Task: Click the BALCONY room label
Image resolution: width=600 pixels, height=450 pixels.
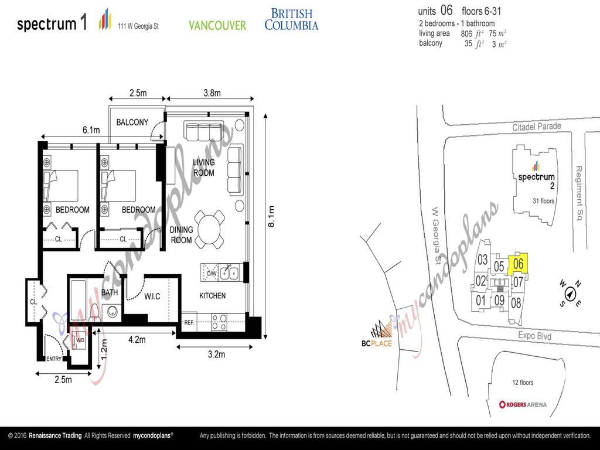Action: point(132,122)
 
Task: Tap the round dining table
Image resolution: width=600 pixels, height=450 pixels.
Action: point(210,229)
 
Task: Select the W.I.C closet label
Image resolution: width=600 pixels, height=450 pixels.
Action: point(152,296)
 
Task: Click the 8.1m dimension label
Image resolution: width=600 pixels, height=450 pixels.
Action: point(270,217)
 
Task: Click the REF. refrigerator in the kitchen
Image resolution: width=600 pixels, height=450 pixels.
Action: point(189,322)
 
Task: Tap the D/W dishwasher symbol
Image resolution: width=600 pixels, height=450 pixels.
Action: point(211,272)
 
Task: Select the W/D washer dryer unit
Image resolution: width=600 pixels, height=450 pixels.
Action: point(80,340)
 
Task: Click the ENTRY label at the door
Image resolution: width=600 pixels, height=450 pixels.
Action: point(54,359)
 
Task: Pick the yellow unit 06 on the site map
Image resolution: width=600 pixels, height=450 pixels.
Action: point(518,264)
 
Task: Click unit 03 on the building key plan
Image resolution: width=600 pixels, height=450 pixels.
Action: point(482,260)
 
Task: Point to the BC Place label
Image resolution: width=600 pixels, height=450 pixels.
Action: point(376,343)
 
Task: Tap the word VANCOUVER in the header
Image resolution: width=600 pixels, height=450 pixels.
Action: point(217,25)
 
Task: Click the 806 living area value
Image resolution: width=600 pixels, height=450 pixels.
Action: point(466,34)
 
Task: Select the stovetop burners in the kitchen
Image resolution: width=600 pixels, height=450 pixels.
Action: point(219,322)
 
